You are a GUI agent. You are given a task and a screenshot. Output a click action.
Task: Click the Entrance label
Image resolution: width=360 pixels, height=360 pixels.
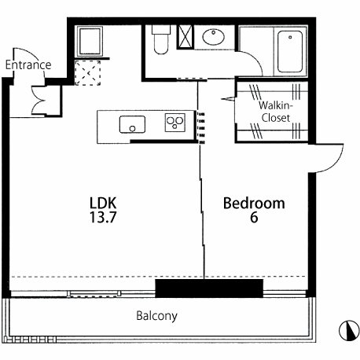coord(28,65)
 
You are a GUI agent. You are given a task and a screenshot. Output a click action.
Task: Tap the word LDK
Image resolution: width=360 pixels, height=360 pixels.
coord(103,203)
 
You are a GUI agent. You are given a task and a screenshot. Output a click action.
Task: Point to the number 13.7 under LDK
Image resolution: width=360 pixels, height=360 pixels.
coord(103,217)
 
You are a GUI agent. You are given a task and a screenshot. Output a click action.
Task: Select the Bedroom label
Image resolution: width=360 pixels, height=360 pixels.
coord(254,203)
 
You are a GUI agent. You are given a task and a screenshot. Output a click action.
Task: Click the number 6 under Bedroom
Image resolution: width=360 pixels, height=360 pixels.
coord(254,217)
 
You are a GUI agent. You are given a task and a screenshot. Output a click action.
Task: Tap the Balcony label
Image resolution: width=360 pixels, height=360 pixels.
coord(156,316)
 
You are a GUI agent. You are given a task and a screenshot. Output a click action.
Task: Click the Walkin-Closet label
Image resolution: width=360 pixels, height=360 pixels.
coord(276,112)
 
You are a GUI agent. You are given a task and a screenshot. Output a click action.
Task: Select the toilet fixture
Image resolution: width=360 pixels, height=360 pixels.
coord(161,39)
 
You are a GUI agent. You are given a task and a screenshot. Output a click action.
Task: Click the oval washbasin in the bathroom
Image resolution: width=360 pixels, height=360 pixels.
coord(214,37)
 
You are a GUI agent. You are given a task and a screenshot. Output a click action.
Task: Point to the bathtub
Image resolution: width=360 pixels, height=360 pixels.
coord(290,52)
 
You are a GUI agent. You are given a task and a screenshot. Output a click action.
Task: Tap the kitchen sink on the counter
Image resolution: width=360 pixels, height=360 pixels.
coord(132,124)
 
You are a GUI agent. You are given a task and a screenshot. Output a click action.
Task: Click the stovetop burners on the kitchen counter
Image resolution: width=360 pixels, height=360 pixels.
coord(175,123)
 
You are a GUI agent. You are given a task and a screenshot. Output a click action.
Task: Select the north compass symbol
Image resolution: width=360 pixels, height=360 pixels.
coord(349,331)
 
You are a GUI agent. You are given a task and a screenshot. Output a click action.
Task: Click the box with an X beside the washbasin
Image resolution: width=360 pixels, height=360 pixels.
coord(186,37)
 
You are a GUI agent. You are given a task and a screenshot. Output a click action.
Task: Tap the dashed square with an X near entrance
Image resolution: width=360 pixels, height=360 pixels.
coord(88,73)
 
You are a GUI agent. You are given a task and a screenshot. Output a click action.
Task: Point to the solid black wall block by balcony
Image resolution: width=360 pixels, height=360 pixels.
coord(209,288)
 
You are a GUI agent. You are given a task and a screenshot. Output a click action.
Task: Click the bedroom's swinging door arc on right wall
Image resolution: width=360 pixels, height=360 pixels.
coord(336,163)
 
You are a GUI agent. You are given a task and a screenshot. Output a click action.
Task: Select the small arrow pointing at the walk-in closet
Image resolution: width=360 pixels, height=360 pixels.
coord(227,99)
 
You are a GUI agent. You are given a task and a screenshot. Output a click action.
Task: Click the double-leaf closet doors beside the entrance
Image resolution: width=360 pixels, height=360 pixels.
coord(39,101)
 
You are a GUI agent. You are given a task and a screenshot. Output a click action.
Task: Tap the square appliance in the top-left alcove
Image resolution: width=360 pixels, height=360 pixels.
coord(90,41)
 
